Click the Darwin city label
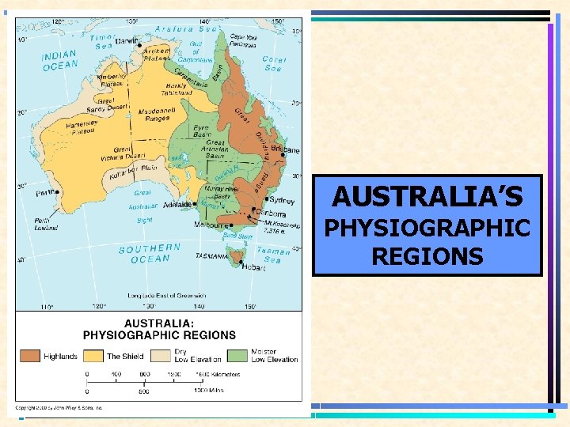pos(126,41)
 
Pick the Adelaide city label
pos(177,203)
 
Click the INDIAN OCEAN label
pos(59,61)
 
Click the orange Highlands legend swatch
pos(30,356)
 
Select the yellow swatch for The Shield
pos(94,356)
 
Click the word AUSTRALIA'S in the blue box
pos(427,195)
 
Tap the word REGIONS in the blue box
pos(427,256)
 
